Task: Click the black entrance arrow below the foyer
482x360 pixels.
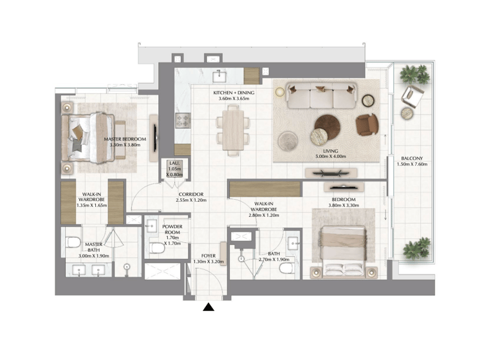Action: tap(209, 307)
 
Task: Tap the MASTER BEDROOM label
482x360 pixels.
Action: tap(125, 139)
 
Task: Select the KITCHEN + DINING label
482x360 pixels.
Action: tap(234, 93)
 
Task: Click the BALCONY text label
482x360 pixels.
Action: tap(412, 158)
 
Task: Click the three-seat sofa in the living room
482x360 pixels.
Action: tap(322, 95)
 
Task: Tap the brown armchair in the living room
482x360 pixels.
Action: tap(367, 125)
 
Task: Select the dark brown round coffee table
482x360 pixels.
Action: tap(328, 127)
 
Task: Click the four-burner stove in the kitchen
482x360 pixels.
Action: tap(183, 120)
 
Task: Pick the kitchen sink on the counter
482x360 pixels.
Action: tap(219, 76)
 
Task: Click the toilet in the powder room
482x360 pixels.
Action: tap(158, 248)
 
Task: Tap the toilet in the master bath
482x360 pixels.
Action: tap(73, 242)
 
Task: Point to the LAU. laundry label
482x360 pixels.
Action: tap(174, 163)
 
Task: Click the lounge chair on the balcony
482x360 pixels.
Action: tap(411, 97)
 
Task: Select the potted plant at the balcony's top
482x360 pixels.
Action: tap(414, 74)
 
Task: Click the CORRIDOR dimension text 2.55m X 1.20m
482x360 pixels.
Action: tap(191, 200)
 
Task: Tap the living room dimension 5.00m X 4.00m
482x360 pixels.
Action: tap(331, 156)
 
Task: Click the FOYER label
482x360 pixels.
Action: tap(209, 256)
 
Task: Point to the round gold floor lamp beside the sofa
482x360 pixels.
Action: tap(280, 92)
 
